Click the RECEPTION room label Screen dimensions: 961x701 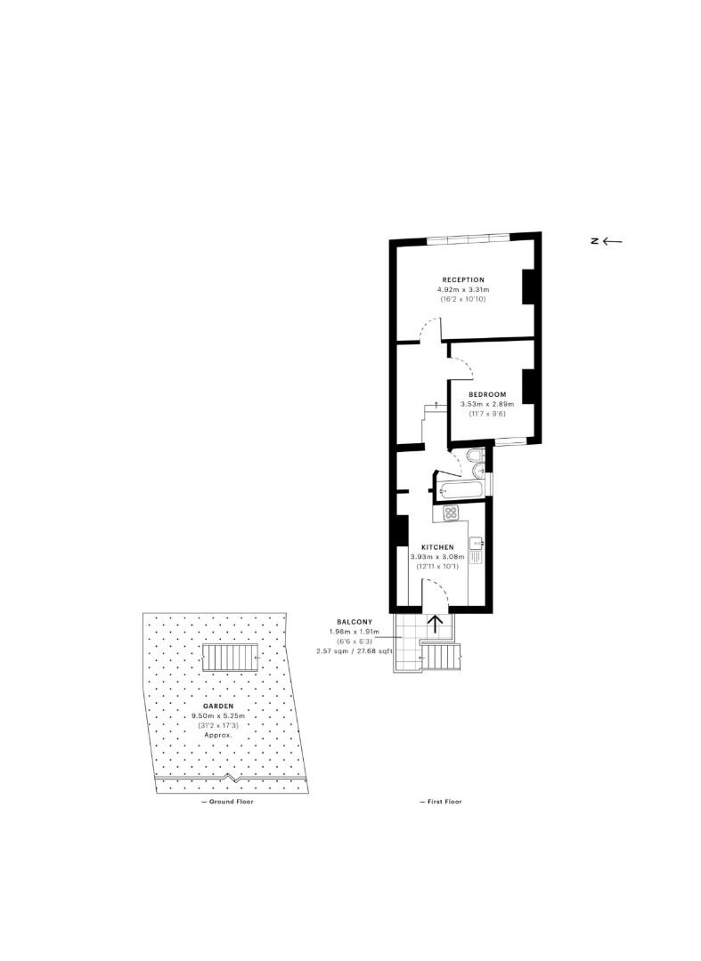(461, 279)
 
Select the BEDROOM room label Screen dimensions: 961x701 (487, 394)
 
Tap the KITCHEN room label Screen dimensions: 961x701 (437, 547)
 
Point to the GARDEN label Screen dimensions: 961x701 (218, 706)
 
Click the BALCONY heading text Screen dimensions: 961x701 (354, 621)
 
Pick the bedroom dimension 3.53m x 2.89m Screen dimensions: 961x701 (487, 404)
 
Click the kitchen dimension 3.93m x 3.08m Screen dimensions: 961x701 (437, 557)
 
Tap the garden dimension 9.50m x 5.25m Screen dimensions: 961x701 (218, 715)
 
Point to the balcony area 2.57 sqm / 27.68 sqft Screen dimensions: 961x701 (354, 651)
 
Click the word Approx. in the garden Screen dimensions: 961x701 (218, 735)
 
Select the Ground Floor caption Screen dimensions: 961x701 (227, 802)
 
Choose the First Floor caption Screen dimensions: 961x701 (441, 802)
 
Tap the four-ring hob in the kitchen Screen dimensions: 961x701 (451, 513)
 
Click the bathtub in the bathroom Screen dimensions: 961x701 (460, 489)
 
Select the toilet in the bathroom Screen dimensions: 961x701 (477, 459)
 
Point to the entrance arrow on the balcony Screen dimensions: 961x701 (436, 624)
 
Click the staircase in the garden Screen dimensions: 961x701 (231, 658)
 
